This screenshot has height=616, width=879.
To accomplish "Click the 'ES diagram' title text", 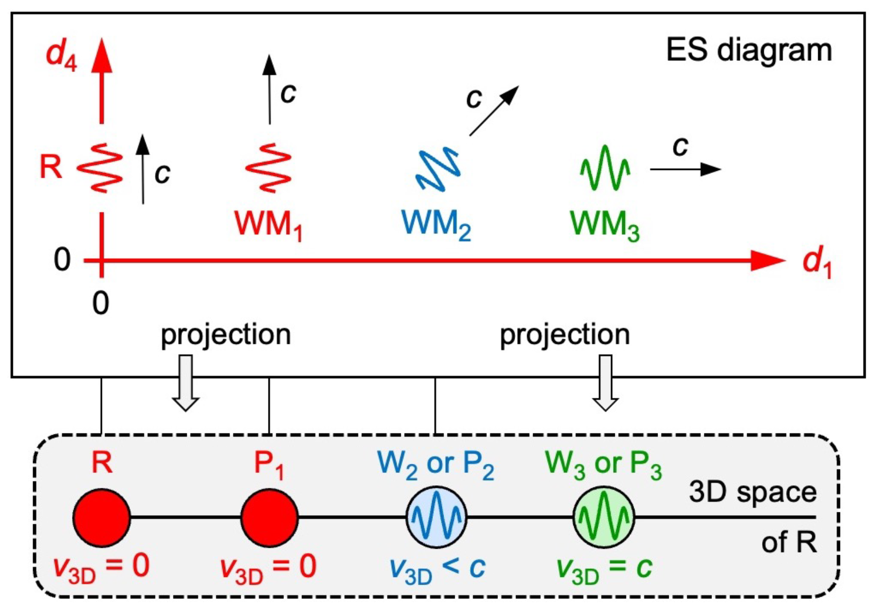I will click(749, 51).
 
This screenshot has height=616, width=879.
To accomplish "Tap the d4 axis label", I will click(61, 55).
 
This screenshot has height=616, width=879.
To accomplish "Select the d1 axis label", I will click(817, 263).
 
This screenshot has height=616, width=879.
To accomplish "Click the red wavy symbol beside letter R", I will click(100, 168).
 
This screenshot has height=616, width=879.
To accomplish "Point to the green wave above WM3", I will click(605, 168).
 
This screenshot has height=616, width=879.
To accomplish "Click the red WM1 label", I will click(268, 224).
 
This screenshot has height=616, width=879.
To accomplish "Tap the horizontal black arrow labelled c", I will click(685, 169).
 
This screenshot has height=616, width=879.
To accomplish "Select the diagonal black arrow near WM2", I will click(494, 111).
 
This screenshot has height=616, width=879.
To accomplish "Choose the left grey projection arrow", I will click(186, 383).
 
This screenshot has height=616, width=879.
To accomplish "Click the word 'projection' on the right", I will click(565, 335).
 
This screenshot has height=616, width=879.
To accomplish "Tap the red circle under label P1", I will click(269, 517).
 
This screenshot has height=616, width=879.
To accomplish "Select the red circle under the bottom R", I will click(101, 517).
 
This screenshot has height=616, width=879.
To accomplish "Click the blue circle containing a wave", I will click(437, 517).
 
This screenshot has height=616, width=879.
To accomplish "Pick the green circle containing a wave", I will click(604, 517).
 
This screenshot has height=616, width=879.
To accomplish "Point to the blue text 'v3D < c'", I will click(437, 568).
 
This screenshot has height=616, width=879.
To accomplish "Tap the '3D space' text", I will click(753, 492).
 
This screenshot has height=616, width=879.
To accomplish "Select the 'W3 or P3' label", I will click(604, 464).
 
